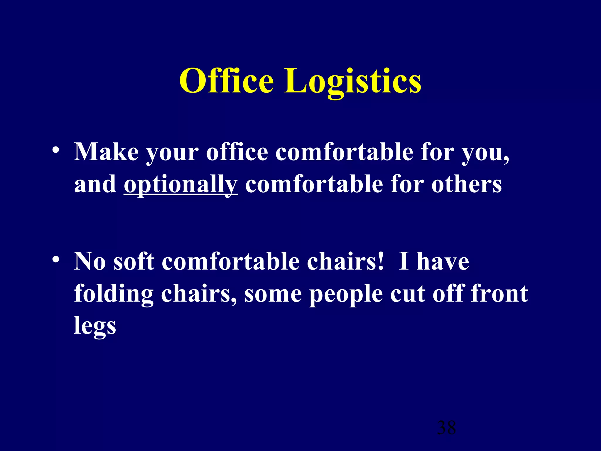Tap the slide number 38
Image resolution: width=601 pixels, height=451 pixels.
coord(446,428)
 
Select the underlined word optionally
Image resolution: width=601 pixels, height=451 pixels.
coord(180,185)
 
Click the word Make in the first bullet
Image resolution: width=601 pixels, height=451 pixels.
coord(106,152)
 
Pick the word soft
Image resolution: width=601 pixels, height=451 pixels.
coord(134,261)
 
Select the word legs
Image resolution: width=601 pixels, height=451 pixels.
coord(95,326)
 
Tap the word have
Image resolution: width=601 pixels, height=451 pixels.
coord(443,261)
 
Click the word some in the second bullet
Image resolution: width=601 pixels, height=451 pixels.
coord(273,294)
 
